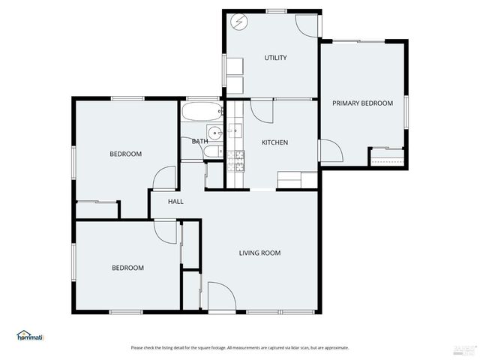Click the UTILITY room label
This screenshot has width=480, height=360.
click(275, 58)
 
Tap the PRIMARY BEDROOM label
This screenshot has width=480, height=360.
click(363, 103)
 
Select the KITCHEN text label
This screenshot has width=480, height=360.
click(274, 142)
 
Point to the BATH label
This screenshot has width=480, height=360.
click(199, 141)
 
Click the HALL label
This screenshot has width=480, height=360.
click(175, 202)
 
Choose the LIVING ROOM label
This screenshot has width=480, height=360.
click(259, 253)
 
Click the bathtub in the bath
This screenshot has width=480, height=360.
click(202, 113)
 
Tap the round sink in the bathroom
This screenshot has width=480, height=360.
click(215, 134)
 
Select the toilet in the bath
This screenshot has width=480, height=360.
click(211, 152)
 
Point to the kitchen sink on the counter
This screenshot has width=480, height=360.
click(235, 132)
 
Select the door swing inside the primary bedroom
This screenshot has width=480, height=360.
click(331, 151)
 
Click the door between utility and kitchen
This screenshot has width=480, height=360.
click(262, 112)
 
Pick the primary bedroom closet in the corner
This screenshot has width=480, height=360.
click(387, 157)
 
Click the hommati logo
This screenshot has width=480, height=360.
click(30, 336)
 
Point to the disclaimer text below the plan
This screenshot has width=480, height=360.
click(239, 348)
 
